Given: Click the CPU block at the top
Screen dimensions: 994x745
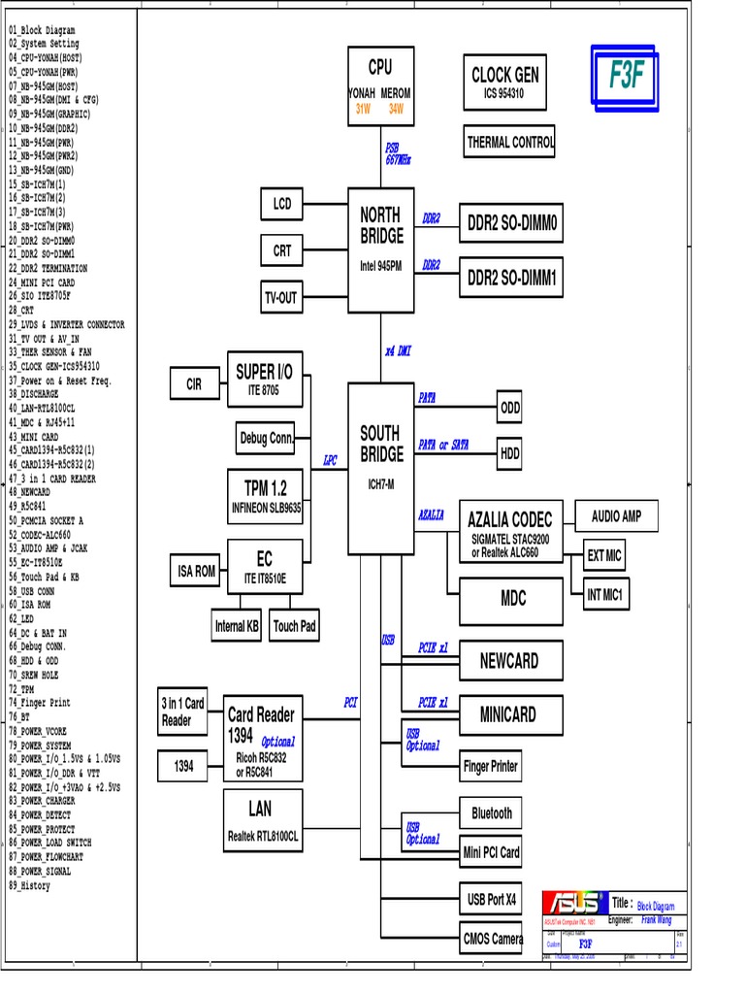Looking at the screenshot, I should [x=380, y=86].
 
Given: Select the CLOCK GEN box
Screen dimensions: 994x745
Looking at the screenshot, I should [x=504, y=83].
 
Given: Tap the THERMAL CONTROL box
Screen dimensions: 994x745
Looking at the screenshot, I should [x=510, y=142].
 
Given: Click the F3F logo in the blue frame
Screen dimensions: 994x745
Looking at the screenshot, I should [x=627, y=76].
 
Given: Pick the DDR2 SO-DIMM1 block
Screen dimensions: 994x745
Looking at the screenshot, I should [x=511, y=279].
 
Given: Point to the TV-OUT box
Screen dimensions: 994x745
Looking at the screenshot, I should [x=281, y=298].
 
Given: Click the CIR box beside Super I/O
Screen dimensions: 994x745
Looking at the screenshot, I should [x=194, y=384].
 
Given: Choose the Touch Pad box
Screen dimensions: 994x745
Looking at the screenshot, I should [x=294, y=626].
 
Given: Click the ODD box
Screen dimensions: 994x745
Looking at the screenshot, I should [x=510, y=409].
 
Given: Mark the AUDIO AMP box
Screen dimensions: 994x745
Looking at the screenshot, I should [x=617, y=516].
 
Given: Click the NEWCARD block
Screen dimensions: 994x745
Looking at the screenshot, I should [x=509, y=661].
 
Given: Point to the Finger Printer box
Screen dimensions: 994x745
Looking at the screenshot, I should [x=491, y=767].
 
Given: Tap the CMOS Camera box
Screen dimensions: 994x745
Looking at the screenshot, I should [x=493, y=939].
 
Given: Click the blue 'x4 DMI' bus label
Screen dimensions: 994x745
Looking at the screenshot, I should [x=398, y=351].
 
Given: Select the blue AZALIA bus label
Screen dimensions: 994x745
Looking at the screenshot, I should [x=432, y=514].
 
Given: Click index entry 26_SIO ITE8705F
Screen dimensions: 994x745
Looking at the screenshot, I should [x=40, y=296].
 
